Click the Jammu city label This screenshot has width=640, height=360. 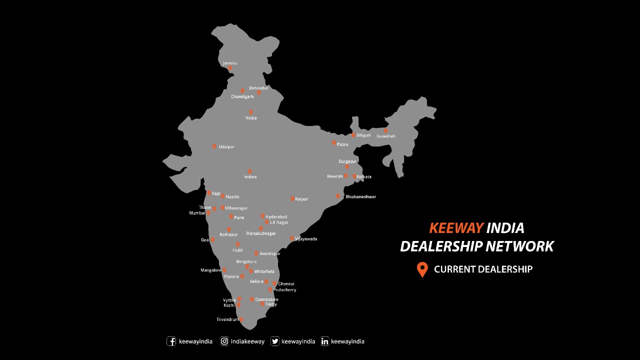coord(229,63)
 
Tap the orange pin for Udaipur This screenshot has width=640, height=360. coord(214,146)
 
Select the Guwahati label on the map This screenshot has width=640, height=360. coord(386,136)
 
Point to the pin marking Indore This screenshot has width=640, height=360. coord(250,171)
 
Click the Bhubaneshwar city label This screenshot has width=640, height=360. coord(360,196)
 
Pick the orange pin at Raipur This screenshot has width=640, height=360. coord(292,198)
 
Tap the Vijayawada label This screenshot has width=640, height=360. coord(305,239)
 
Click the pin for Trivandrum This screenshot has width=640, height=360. coord(241,319)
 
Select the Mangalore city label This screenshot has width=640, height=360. coord(210,270)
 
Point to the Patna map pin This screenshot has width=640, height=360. coord(334,143)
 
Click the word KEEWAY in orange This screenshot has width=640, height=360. coord(456,228)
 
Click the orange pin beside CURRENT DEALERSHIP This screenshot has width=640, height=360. coord(422,269)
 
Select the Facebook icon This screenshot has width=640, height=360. coord(171,341)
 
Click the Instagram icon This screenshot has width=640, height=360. coord(225,341)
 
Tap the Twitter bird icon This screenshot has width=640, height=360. coord(275,341)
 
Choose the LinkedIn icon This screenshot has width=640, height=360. coord(325,341)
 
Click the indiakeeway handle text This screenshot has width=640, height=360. coord(247,341)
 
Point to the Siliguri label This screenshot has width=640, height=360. coord(363,135)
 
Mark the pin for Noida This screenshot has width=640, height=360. coord(251,112)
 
